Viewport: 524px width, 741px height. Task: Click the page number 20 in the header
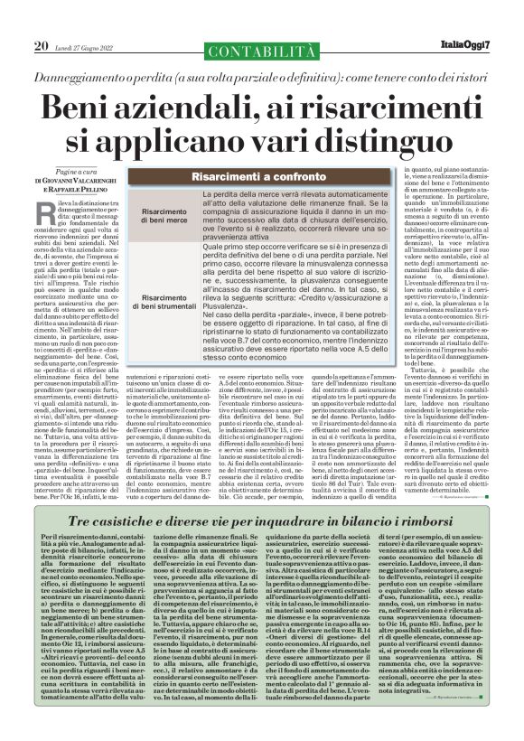(x=41, y=45)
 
